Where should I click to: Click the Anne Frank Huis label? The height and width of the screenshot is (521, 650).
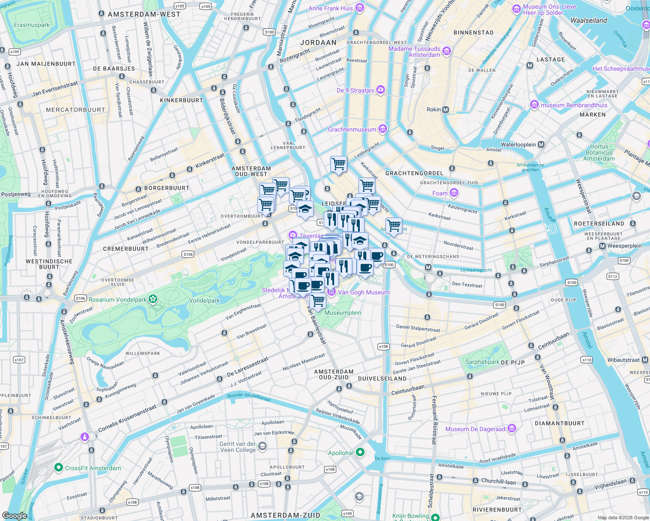pyautogui.click(x=331, y=8)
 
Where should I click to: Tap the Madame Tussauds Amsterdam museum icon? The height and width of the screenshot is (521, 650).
pyautogui.click(x=447, y=52)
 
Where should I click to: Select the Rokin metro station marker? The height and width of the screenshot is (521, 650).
pyautogui.click(x=445, y=110)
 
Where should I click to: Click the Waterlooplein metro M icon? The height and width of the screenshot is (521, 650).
pyautogui.click(x=541, y=145)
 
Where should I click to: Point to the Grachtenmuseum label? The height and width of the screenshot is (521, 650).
pyautogui.click(x=352, y=129)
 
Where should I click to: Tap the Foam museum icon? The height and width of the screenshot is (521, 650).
pyautogui.click(x=454, y=193)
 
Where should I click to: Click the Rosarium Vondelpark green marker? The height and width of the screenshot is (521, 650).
pyautogui.click(x=153, y=299)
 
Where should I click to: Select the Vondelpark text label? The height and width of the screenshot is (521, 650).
pyautogui.click(x=204, y=300)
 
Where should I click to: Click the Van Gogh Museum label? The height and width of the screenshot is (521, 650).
pyautogui.click(x=363, y=292)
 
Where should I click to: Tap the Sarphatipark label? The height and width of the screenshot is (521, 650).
pyautogui.click(x=482, y=362)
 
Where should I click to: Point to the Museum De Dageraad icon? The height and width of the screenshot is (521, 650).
pyautogui.click(x=512, y=429)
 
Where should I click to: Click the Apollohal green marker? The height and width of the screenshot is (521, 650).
pyautogui.click(x=360, y=452)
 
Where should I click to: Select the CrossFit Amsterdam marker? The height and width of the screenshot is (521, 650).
pyautogui.click(x=59, y=468)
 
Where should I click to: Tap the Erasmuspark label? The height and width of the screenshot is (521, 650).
pyautogui.click(x=32, y=25)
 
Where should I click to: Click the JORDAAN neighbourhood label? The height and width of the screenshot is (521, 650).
pyautogui.click(x=318, y=43)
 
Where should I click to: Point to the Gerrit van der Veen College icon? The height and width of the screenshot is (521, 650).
pyautogui.click(x=262, y=446)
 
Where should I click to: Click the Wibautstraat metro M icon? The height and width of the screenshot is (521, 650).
pyautogui.click(x=645, y=359)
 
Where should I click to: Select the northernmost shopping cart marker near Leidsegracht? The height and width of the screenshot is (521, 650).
pyautogui.click(x=338, y=164)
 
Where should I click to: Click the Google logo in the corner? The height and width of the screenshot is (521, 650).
pyautogui.click(x=14, y=515)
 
